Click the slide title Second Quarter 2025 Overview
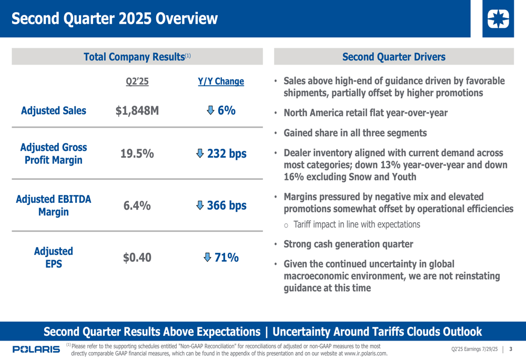[x=114, y=19]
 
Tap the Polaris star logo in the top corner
[x=498, y=19]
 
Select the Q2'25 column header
[x=137, y=81]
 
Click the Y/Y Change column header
[x=221, y=81]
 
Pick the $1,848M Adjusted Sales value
[x=137, y=110]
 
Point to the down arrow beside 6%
[x=210, y=110]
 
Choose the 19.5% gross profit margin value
[x=137, y=154]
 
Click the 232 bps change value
[x=227, y=154]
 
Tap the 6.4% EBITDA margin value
[x=137, y=205]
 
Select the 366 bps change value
[x=227, y=205]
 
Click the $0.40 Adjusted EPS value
[x=137, y=258]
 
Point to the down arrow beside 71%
[x=208, y=258]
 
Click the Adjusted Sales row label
[x=54, y=110]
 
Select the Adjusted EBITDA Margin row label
[x=54, y=205]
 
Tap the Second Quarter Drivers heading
[x=393, y=57]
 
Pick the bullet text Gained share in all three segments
[x=355, y=133]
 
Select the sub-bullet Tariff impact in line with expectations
[x=357, y=225]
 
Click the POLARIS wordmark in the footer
[x=36, y=349]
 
